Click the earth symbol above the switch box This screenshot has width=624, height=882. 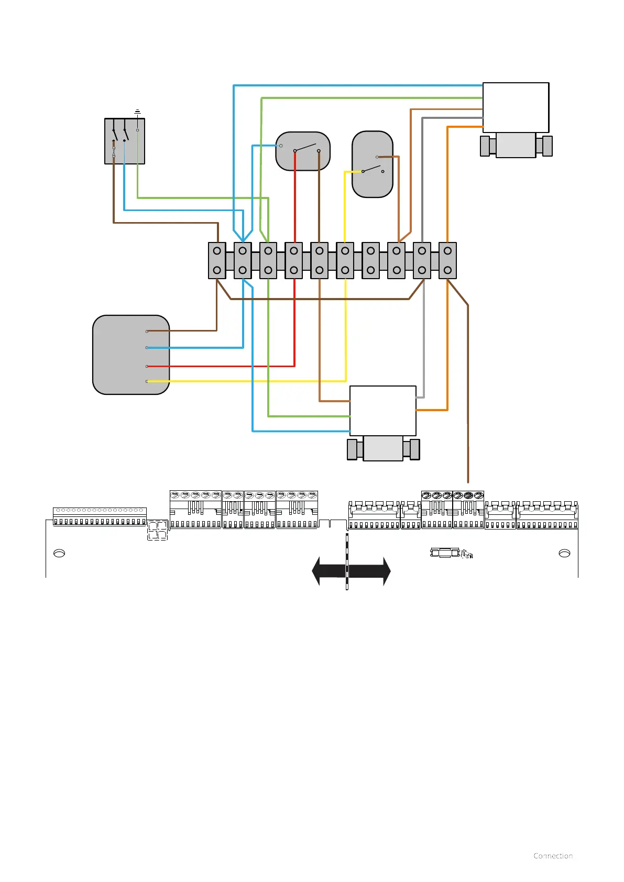[137, 112]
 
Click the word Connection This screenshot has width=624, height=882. [553, 856]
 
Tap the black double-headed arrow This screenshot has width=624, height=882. [351, 571]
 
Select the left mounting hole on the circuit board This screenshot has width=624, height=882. [59, 553]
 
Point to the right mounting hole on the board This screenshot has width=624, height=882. [564, 553]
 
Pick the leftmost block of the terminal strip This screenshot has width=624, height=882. [217, 260]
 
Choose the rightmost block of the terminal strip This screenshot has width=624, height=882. [447, 260]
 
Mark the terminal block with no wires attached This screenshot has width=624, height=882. [370, 260]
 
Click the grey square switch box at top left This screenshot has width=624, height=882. [125, 141]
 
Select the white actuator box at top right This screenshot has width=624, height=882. [516, 107]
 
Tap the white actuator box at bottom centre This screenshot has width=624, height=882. [382, 411]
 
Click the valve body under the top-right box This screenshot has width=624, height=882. [516, 145]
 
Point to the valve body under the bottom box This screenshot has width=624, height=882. [383, 449]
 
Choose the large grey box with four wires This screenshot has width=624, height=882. [131, 355]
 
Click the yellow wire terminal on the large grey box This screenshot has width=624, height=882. [147, 381]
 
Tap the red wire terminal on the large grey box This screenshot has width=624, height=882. [147, 366]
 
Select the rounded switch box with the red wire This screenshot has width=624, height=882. [303, 151]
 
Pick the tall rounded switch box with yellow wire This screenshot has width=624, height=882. [373, 164]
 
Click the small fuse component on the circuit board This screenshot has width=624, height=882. [445, 553]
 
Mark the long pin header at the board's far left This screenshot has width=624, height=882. [100, 516]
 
